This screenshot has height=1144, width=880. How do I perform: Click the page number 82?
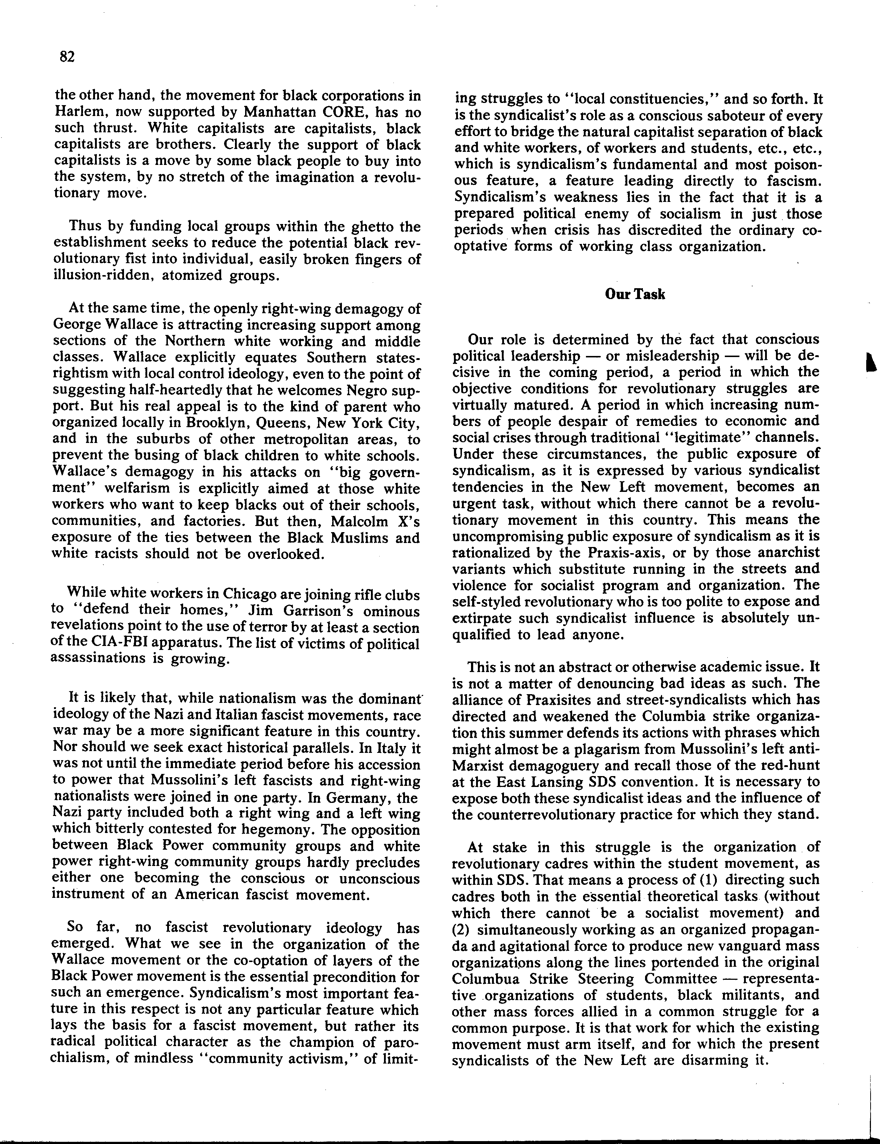(x=67, y=57)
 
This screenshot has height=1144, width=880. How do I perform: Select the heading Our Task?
(x=635, y=294)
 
